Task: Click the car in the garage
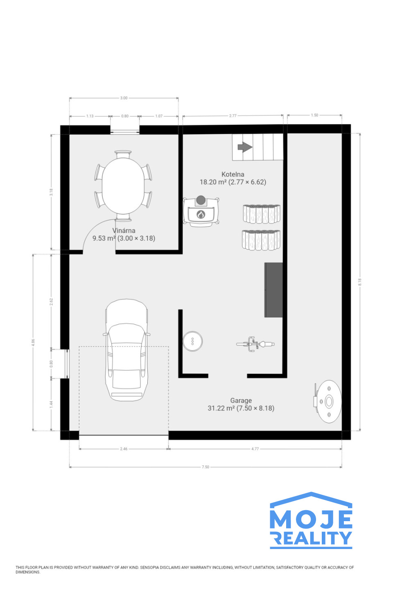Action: point(126,350)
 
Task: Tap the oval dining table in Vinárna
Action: point(123,186)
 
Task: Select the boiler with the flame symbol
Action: point(201,211)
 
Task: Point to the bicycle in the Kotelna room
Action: point(255,344)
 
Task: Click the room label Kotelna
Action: point(233,174)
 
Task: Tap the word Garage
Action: point(241,400)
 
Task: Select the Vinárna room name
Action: point(124,230)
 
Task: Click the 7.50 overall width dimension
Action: point(206,467)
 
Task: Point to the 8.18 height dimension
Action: point(359,282)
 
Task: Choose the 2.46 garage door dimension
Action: point(124,449)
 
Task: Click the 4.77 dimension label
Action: point(255,449)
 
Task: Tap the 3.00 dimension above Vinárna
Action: point(124,98)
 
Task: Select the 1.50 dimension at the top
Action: point(314,115)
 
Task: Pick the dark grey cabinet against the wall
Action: point(273,290)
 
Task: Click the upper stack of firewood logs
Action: point(261,214)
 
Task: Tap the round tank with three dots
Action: point(193,341)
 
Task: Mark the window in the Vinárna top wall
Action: point(125,130)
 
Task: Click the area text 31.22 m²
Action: point(221,408)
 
